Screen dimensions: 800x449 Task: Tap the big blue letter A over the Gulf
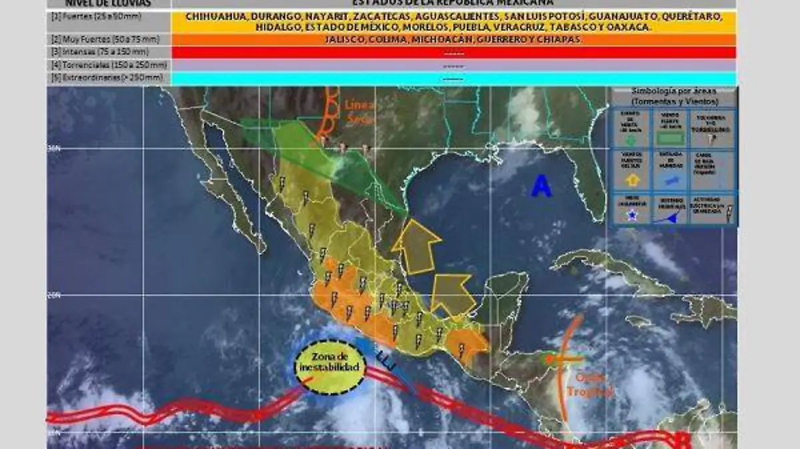click(541, 187)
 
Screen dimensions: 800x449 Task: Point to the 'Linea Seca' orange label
click(360, 111)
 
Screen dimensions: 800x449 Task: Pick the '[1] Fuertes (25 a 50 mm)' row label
click(97, 16)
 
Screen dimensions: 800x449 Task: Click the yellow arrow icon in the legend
click(633, 179)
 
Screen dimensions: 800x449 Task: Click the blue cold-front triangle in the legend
click(673, 217)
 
